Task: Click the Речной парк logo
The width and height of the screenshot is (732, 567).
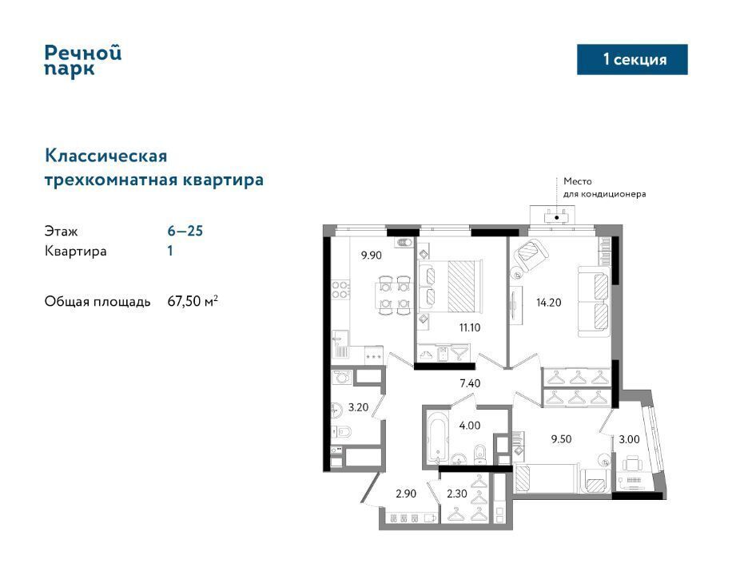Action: click(x=83, y=60)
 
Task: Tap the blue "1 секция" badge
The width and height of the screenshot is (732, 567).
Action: click(x=632, y=59)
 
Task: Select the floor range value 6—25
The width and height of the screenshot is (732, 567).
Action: click(x=185, y=231)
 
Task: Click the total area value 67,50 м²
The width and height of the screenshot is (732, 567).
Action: click(x=193, y=301)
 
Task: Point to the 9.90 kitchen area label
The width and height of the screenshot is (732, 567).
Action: click(x=371, y=256)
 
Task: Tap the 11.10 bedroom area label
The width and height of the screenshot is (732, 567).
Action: click(x=470, y=327)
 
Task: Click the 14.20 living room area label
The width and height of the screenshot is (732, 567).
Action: click(x=548, y=303)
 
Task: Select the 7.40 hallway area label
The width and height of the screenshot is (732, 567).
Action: click(x=470, y=383)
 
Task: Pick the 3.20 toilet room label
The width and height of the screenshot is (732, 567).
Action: click(x=358, y=407)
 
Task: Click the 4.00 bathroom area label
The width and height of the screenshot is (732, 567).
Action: click(x=470, y=426)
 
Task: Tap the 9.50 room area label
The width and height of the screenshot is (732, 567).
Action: click(x=561, y=439)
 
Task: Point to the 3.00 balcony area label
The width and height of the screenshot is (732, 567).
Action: click(x=629, y=439)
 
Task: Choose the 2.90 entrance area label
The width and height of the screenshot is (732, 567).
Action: click(x=406, y=494)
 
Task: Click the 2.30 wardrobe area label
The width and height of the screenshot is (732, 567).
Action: click(x=456, y=494)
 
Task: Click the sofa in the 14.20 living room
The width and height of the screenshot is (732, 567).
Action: click(x=594, y=301)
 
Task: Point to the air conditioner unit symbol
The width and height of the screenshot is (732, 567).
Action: click(x=556, y=216)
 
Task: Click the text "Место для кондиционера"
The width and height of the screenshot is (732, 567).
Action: click(x=605, y=188)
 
